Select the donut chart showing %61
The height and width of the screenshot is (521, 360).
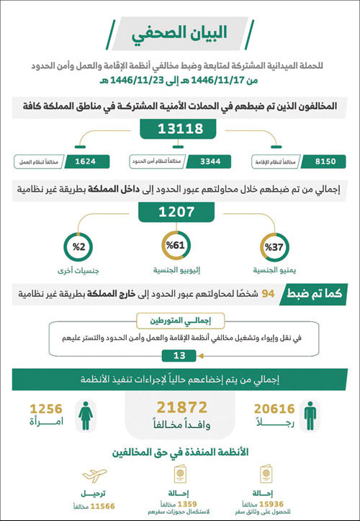176,246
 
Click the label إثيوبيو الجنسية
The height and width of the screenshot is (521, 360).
176,272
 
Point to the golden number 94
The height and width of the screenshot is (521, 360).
270,293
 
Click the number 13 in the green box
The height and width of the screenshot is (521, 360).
180,355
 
